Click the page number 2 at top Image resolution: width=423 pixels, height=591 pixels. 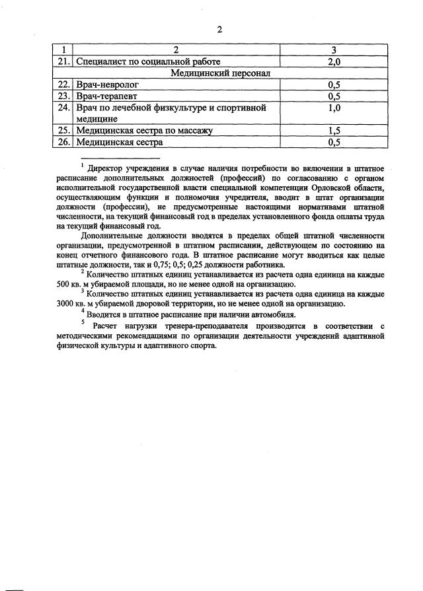click(219, 29)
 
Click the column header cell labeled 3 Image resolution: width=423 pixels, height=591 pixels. click(334, 50)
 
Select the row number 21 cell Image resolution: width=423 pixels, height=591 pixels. click(63, 61)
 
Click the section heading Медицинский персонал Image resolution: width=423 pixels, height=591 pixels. click(221, 73)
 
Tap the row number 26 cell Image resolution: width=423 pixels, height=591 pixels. click(63, 141)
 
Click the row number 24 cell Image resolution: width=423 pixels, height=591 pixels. click(63, 108)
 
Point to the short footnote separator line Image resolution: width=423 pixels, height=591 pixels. click(120, 158)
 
